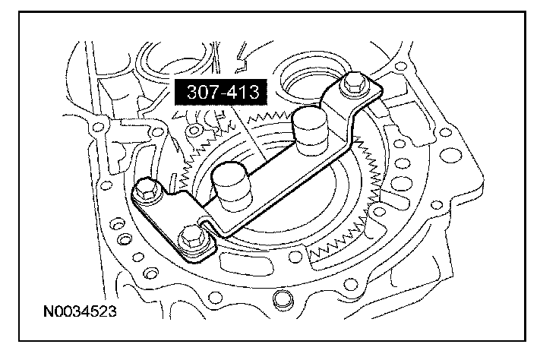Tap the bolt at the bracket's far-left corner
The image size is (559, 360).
pyautogui.click(x=147, y=191)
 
